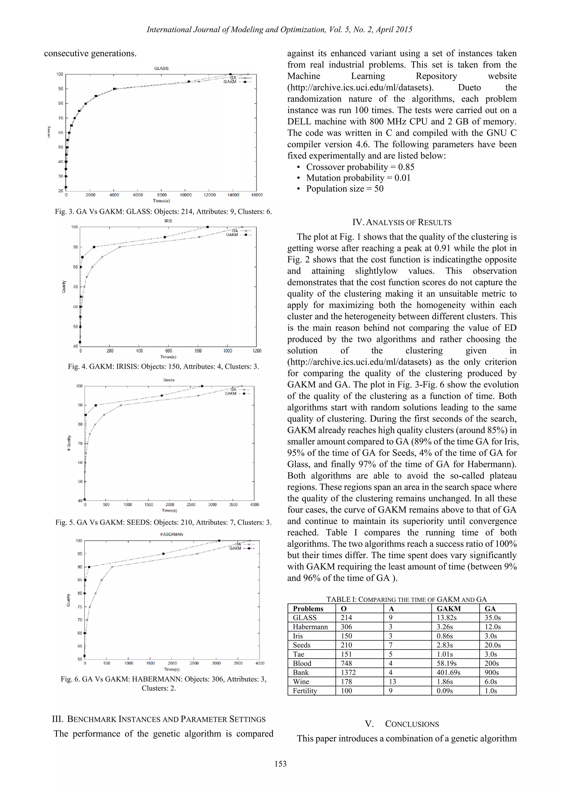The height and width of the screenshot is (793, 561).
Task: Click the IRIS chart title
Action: click(168, 221)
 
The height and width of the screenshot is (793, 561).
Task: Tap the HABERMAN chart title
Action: click(172, 534)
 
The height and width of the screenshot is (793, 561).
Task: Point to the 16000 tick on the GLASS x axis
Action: click(257, 195)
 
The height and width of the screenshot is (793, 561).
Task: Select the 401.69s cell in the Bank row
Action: click(448, 673)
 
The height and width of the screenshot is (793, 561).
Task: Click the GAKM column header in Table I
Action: click(449, 608)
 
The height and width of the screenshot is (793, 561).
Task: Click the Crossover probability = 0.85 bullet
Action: click(360, 167)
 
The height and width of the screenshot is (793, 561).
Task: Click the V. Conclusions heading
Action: click(402, 724)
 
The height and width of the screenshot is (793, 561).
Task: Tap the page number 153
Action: click(280, 764)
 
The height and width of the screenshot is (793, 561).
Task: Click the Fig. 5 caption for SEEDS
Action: click(163, 522)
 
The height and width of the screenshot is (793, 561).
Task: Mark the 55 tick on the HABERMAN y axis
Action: click(80, 659)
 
